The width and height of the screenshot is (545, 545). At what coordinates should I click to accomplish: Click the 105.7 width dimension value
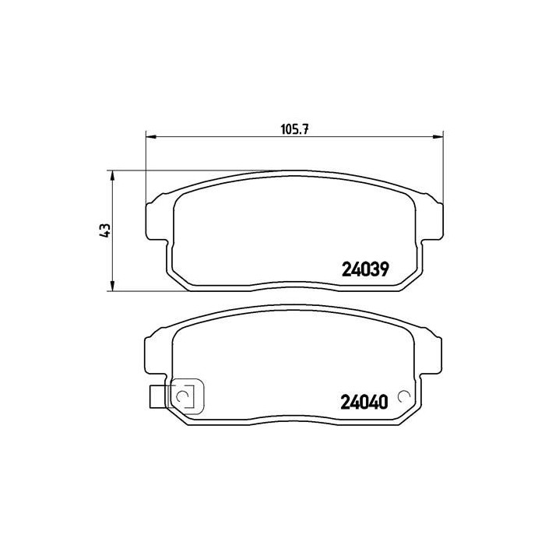click(x=295, y=130)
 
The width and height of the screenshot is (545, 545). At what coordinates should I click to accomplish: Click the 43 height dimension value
click(x=104, y=230)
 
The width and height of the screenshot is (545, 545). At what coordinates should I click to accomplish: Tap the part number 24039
click(x=365, y=269)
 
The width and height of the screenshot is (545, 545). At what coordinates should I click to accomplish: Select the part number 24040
click(x=364, y=403)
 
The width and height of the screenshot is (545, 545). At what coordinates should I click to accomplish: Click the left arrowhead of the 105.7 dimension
click(x=152, y=136)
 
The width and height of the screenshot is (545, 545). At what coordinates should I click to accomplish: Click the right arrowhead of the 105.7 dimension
click(x=438, y=136)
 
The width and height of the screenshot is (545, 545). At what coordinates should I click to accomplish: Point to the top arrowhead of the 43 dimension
click(x=112, y=175)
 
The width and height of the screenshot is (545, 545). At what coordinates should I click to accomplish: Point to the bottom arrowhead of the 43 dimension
click(x=112, y=286)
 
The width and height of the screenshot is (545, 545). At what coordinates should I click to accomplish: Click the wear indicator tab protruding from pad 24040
click(x=159, y=396)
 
